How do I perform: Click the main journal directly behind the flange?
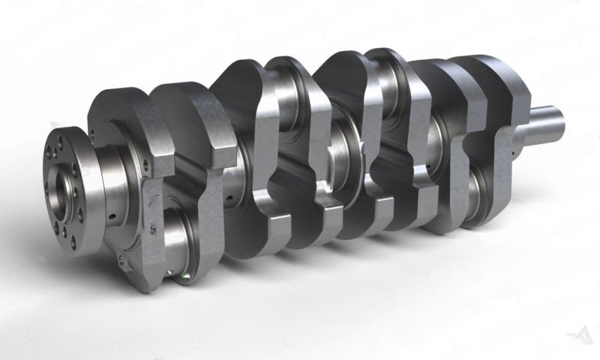(112, 184)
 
